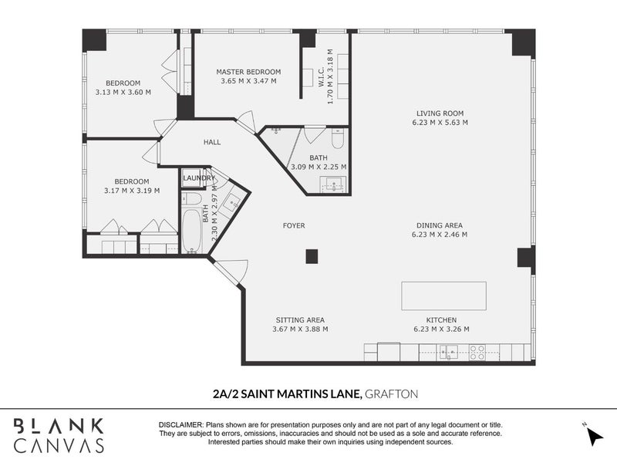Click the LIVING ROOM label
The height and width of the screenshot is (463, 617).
tap(440, 113)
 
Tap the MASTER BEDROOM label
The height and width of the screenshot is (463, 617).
tap(248, 72)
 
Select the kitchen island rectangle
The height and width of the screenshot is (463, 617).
tap(443, 296)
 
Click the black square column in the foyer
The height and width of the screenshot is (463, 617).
tap(312, 257)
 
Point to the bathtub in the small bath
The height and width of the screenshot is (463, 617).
tap(192, 231)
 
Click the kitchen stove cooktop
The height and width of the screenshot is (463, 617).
tap(477, 353)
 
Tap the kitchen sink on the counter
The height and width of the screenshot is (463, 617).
tap(449, 352)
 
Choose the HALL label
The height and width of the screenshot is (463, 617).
tap(212, 142)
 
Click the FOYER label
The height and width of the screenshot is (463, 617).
tap(294, 225)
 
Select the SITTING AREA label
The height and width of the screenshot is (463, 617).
tap(300, 320)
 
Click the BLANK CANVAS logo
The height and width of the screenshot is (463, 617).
tap(59, 435)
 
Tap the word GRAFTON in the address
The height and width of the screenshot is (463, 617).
tap(392, 394)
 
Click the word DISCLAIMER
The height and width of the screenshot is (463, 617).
tap(180, 425)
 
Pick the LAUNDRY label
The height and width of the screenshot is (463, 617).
tap(199, 178)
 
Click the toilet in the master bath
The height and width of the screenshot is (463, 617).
tap(338, 138)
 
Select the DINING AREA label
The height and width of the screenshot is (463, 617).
tap(440, 225)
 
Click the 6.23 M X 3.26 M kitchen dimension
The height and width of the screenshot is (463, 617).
tap(441, 330)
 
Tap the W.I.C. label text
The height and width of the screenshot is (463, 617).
tap(321, 77)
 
